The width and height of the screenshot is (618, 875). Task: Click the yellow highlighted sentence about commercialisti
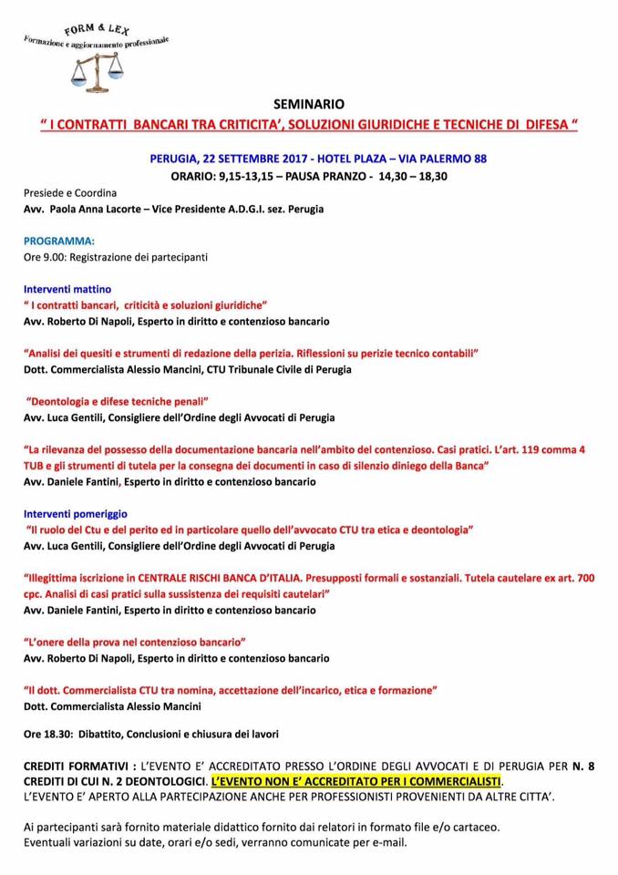(355, 782)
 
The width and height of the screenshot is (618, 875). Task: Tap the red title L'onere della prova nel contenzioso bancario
(135, 642)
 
